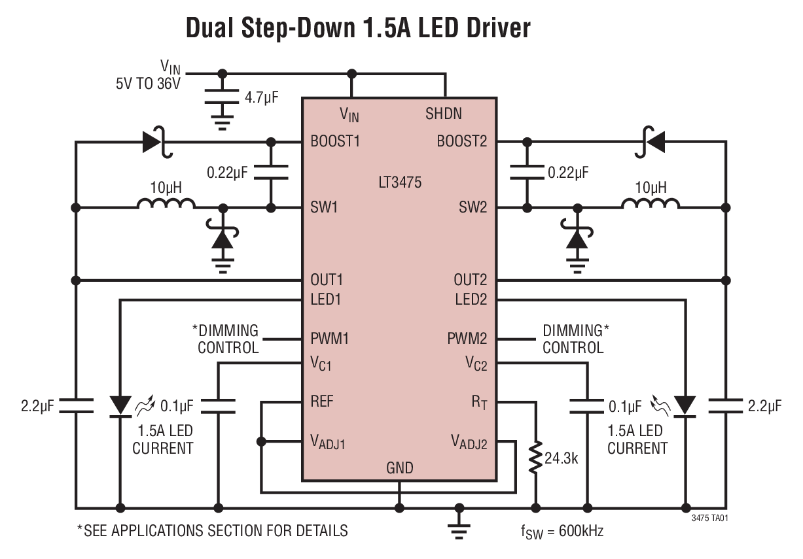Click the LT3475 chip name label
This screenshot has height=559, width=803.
(x=399, y=182)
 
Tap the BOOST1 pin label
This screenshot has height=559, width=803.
(x=335, y=141)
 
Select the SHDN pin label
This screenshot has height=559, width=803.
(x=444, y=114)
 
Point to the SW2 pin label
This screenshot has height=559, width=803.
(x=473, y=208)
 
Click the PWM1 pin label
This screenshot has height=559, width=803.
(x=330, y=339)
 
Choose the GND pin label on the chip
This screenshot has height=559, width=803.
(x=399, y=468)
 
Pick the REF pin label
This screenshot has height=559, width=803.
(x=322, y=401)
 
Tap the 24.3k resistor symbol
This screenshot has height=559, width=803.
(x=536, y=458)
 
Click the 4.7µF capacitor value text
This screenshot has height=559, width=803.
(x=262, y=98)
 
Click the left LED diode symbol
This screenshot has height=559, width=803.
(x=120, y=405)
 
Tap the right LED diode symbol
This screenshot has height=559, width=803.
(x=686, y=405)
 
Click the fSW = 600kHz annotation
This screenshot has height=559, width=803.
(x=562, y=531)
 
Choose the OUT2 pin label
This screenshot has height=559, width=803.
(x=471, y=280)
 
